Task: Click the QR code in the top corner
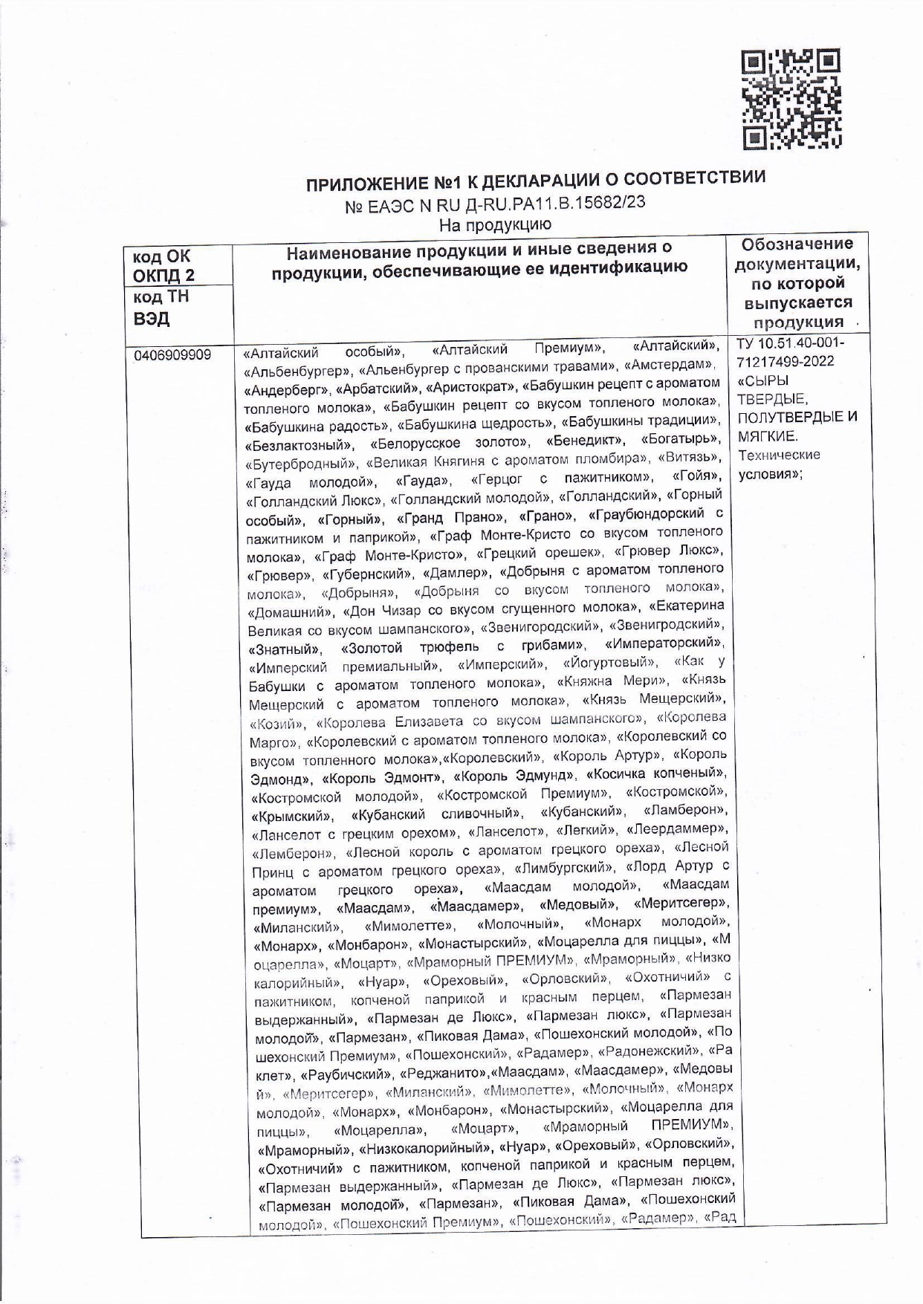[x=792, y=98]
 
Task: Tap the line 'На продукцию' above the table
[x=495, y=223]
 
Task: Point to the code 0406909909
[x=172, y=355]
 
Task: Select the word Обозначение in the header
[x=797, y=244]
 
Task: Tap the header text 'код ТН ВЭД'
[x=160, y=307]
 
